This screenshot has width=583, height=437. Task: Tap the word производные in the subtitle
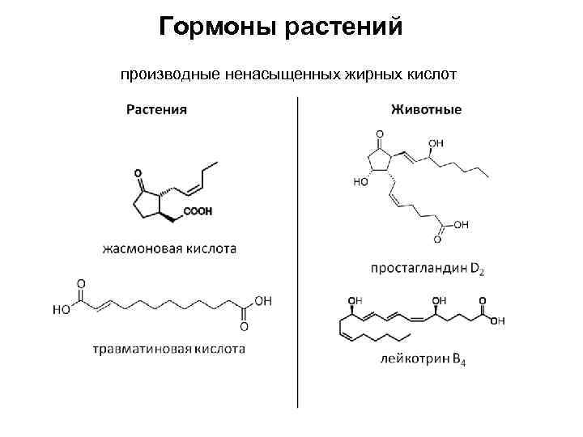[x=167, y=75]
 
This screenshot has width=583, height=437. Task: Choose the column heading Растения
[x=156, y=110]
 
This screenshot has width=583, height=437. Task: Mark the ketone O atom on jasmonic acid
[x=138, y=173]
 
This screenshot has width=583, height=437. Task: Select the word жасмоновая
[x=143, y=248]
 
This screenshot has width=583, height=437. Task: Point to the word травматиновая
[x=138, y=350]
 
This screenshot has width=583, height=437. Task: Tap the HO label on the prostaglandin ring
[x=360, y=182]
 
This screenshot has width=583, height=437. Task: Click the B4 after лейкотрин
[x=458, y=360]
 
